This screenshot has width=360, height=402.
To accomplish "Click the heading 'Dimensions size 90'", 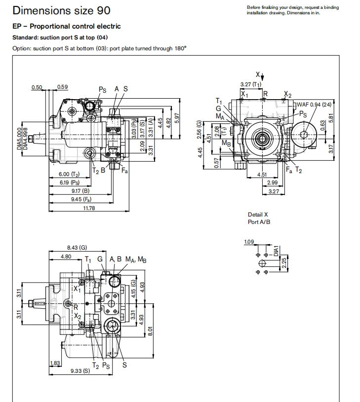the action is (x=61, y=10).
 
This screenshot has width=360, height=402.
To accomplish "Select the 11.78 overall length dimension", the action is (x=89, y=208).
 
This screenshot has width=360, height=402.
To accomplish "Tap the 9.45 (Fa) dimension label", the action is (x=81, y=199).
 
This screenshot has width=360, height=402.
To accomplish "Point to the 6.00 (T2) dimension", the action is (x=69, y=174).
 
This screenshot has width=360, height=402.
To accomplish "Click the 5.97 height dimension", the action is (x=177, y=118).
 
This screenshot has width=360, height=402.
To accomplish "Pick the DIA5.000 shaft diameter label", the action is (x=19, y=139).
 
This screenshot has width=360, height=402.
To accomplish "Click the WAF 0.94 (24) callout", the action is (x=314, y=105).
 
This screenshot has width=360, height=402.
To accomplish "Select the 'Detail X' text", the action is (x=258, y=215).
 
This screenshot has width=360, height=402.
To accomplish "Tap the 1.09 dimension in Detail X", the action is (x=249, y=242).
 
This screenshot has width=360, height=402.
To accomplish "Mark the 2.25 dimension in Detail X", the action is (x=284, y=263).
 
